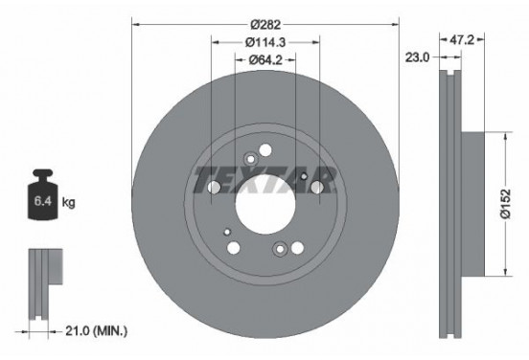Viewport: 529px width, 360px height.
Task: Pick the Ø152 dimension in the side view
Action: [x=512, y=204]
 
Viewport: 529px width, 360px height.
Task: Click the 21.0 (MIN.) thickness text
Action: [x=96, y=330]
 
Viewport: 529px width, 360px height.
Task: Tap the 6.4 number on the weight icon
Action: [x=42, y=203]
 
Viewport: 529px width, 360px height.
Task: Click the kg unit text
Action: [x=67, y=203]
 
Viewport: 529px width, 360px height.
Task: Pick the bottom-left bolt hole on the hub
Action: [x=234, y=249]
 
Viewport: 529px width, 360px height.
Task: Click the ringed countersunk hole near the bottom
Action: [x=279, y=251]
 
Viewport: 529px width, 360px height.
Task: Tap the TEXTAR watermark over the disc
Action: [x=264, y=178]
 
